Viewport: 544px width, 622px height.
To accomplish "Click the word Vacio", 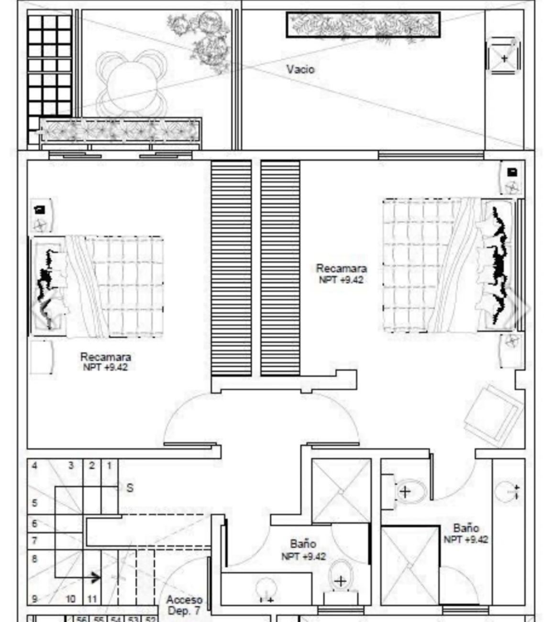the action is [300, 70].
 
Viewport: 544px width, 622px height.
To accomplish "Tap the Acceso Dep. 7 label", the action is [185, 605].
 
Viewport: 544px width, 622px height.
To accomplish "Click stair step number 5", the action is [34, 503].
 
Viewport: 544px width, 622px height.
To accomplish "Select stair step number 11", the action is [92, 599].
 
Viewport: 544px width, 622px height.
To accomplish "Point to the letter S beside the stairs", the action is [130, 488].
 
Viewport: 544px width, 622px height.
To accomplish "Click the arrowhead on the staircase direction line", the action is [96, 578].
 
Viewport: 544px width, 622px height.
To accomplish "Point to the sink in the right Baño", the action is [508, 491].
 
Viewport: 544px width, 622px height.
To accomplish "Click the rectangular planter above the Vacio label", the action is [363, 25].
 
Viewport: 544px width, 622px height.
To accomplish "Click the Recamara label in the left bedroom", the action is [105, 357].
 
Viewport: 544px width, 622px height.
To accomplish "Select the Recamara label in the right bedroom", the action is [341, 268].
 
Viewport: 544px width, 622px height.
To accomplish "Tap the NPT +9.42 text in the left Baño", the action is [303, 556].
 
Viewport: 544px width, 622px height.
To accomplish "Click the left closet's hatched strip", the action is [232, 268].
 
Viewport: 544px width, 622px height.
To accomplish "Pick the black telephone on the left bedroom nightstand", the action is [40, 210].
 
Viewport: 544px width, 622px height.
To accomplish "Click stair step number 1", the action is [109, 466].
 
